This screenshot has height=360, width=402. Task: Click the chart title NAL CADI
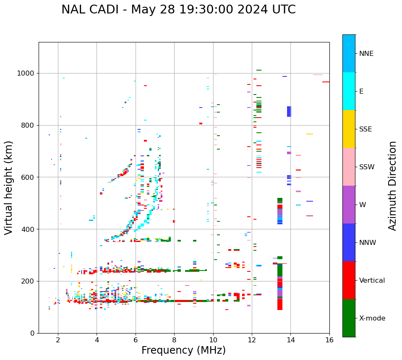tap(178, 10)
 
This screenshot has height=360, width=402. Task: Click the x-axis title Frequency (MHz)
tap(183, 350)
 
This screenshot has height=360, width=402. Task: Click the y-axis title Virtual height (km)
tap(9, 187)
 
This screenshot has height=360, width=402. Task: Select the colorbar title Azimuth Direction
tap(392, 186)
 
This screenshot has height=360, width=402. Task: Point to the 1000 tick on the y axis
tap(28, 74)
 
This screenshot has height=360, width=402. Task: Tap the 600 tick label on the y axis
tap(29, 177)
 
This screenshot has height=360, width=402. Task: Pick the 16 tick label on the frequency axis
tap(329, 340)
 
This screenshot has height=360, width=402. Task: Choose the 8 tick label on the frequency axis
tap(174, 340)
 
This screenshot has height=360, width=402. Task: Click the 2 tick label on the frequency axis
tap(58, 340)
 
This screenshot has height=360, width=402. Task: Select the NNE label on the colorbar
tap(366, 54)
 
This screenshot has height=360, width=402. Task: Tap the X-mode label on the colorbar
tap(372, 318)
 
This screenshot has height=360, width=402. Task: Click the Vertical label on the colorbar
tap(372, 281)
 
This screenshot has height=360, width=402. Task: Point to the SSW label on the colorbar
tap(367, 167)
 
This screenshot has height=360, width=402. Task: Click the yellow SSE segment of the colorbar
tap(349, 129)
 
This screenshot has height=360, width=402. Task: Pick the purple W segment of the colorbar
tap(349, 205)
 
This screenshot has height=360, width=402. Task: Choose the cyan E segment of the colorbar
tap(349, 91)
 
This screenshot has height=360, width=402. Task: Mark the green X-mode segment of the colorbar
tap(349, 318)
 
